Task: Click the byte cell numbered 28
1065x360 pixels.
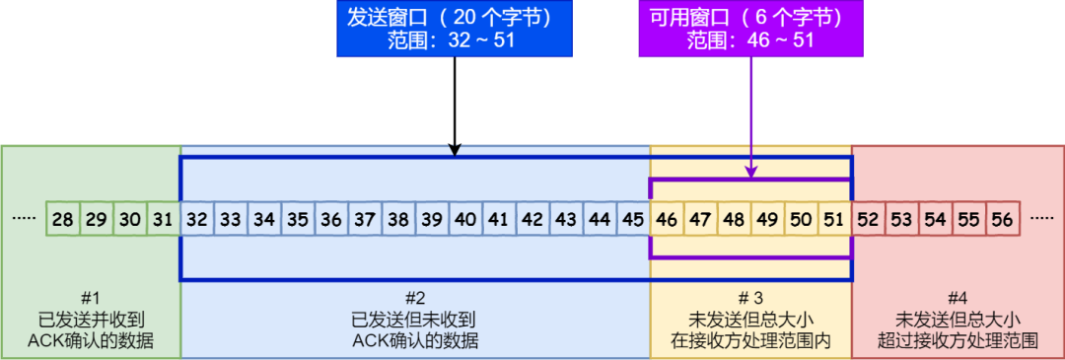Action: coord(63,219)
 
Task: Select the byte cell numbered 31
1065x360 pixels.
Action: coord(164,219)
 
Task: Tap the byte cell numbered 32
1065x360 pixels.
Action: coord(197,219)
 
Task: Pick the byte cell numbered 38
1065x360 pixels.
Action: coord(398,219)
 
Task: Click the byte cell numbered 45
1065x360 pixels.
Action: coord(633,219)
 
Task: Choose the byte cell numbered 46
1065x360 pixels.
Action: coord(667,219)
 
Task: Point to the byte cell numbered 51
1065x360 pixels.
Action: coord(834,219)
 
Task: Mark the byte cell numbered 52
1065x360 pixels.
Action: coord(868,219)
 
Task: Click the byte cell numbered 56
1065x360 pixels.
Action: coord(1002,219)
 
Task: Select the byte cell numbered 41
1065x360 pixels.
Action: coord(499,219)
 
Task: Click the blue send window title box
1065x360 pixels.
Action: coord(456,29)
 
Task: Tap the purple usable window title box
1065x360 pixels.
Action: coord(751,29)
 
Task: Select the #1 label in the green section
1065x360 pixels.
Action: coord(91,297)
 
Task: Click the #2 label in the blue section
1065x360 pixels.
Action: coord(415,297)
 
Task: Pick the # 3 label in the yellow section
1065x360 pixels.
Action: coord(750,297)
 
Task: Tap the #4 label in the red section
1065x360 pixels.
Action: coord(957,297)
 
